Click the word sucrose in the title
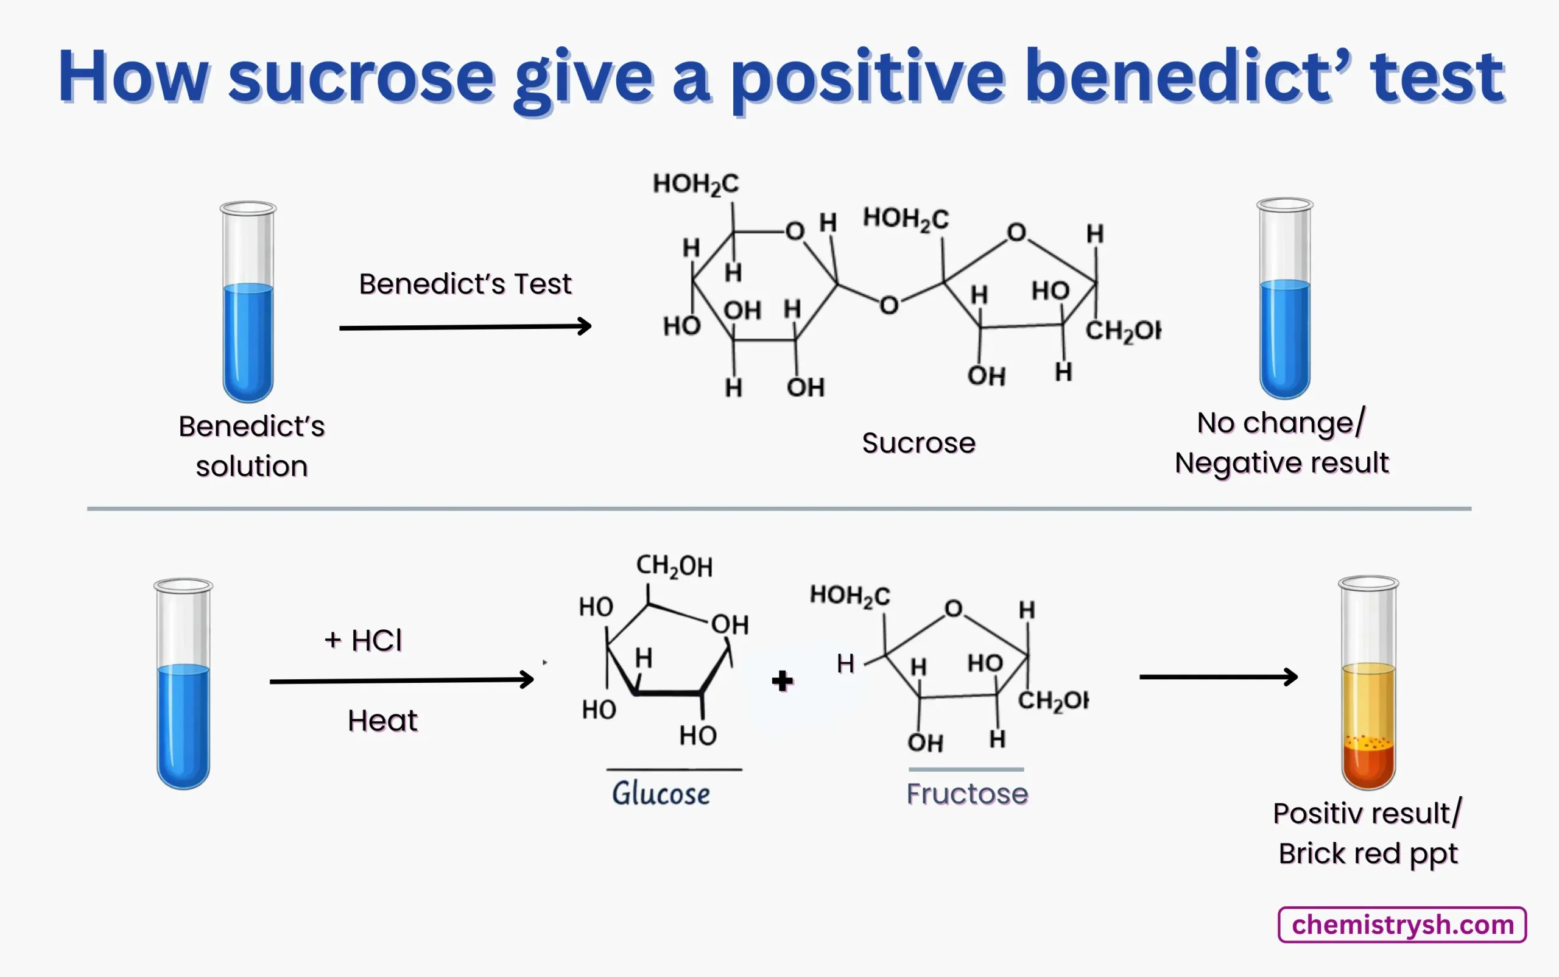[361, 77]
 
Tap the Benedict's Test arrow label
[465, 284]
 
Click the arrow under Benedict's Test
[465, 327]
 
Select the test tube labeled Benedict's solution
[248, 304]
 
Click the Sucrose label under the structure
[918, 443]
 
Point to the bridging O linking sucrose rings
[889, 305]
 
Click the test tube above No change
[1284, 300]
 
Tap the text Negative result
[1281, 463]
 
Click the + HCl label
[363, 640]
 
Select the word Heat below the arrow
[382, 721]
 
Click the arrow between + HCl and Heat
[401, 680]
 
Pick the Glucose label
[661, 794]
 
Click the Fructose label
[966, 794]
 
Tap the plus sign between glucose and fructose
[782, 680]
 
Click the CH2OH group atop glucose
[674, 566]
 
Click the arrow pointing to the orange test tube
[1218, 677]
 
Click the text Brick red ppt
[1368, 853]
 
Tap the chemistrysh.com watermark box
[1402, 925]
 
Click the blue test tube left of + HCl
[183, 685]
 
